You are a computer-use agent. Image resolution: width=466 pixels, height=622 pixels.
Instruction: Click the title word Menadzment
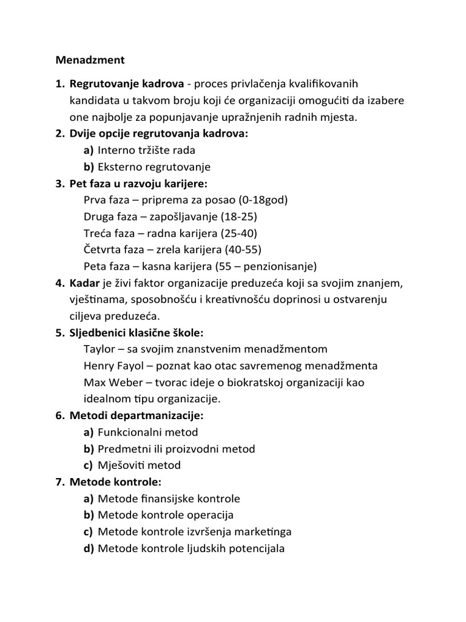tap(90, 60)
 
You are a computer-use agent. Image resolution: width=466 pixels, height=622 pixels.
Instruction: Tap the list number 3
tap(59, 183)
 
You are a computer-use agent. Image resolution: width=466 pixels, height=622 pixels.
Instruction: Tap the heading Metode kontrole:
tap(115, 482)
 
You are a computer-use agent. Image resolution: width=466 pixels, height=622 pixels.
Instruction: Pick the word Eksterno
tap(119, 166)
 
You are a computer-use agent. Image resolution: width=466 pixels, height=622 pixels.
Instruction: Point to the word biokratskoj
tap(260, 383)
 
